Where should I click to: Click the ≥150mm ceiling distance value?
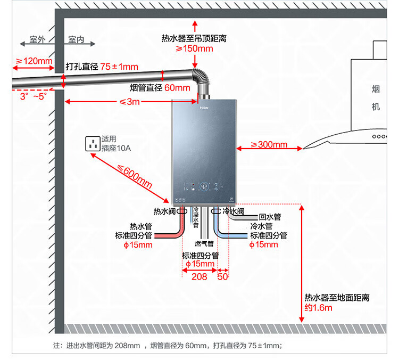194,48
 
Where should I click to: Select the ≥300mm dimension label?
269,144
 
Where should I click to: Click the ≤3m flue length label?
129,102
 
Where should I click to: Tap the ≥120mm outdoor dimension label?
34,61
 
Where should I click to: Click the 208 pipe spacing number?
199,277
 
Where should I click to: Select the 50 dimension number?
222,277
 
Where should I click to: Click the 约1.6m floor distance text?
318,308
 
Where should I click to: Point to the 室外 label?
37,40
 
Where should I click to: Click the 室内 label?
76,40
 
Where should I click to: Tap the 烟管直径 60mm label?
160,88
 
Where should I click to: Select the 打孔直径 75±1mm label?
102,67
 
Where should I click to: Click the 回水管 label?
270,217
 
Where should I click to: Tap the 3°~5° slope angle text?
34,96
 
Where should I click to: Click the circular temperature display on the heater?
203,187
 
